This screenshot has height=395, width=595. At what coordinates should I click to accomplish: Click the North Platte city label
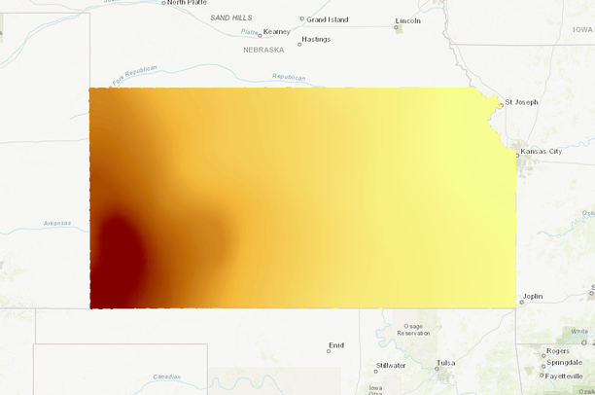pos(187,3)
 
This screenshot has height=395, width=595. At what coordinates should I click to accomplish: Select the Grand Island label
pos(328,19)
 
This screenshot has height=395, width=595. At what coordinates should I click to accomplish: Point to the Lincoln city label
pos(408,20)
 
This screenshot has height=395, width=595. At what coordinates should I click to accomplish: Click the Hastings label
pos(316,40)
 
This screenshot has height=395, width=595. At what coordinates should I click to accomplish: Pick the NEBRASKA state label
pos(263,50)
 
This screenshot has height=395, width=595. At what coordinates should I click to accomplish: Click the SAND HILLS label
pos(230,18)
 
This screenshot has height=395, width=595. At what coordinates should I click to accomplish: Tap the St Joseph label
pos(521,102)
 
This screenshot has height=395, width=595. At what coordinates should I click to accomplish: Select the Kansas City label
pos(542,152)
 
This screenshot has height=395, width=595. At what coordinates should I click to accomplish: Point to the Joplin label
pos(532,297)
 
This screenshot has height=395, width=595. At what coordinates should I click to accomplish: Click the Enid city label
pos(336,345)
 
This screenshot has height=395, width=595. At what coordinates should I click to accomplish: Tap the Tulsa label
pos(445,363)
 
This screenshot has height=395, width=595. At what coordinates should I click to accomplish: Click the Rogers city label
pos(558,351)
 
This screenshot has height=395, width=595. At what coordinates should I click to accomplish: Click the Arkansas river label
pos(56,223)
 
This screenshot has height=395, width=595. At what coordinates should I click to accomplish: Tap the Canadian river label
pos(168,377)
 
